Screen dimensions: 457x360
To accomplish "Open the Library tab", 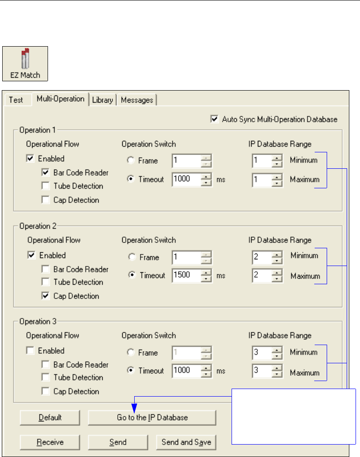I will point(102,100).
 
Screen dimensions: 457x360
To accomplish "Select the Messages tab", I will point(137,100).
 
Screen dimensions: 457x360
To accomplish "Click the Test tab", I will point(16,100).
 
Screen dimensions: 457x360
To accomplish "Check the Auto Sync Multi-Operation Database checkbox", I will point(215,119).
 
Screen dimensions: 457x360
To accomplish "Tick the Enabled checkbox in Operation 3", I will point(30,351).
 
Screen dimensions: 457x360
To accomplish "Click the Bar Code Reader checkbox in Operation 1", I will point(45,172).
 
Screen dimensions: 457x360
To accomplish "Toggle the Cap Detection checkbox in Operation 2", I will point(45,296).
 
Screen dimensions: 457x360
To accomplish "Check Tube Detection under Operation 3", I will point(45,378).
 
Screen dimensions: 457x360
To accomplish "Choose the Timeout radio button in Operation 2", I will point(131,275).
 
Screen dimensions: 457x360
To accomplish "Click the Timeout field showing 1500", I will point(186,275).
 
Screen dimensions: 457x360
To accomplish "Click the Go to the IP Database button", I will point(152,417).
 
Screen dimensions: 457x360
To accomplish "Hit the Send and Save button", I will point(186,442).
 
